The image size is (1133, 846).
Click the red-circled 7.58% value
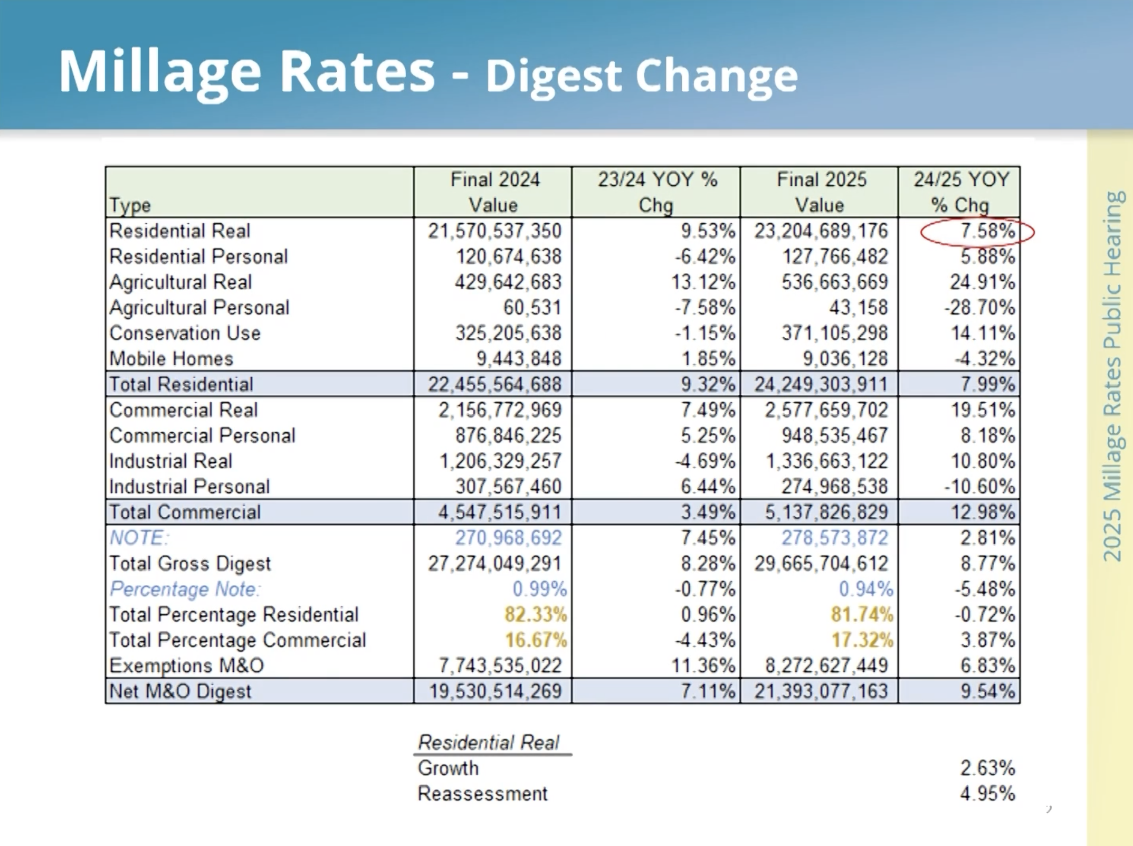pyautogui.click(x=987, y=231)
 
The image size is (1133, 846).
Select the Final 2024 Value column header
pyautogui.click(x=494, y=192)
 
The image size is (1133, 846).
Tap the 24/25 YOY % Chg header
pyautogui.click(x=960, y=192)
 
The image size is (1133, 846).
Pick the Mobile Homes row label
pyautogui.click(x=171, y=359)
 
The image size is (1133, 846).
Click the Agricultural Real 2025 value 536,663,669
pyautogui.click(x=835, y=282)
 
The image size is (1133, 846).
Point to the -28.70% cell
pyautogui.click(x=979, y=308)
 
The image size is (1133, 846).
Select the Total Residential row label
pyautogui.click(x=181, y=384)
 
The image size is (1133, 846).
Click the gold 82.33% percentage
pyautogui.click(x=535, y=614)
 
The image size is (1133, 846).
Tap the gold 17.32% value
pyautogui.click(x=862, y=640)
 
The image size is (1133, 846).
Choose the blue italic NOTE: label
pyautogui.click(x=139, y=538)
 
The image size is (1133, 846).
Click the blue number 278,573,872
pyautogui.click(x=835, y=538)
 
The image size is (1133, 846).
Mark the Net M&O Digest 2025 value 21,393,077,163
pyautogui.click(x=821, y=691)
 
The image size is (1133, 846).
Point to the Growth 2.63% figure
pyautogui.click(x=987, y=768)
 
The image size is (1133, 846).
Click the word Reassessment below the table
pyautogui.click(x=482, y=794)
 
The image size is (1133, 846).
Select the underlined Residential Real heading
pyautogui.click(x=489, y=743)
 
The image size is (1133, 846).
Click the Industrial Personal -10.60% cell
pyautogui.click(x=979, y=487)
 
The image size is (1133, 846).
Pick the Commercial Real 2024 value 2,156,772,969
pyautogui.click(x=500, y=410)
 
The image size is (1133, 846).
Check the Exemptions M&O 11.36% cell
pyautogui.click(x=703, y=666)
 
